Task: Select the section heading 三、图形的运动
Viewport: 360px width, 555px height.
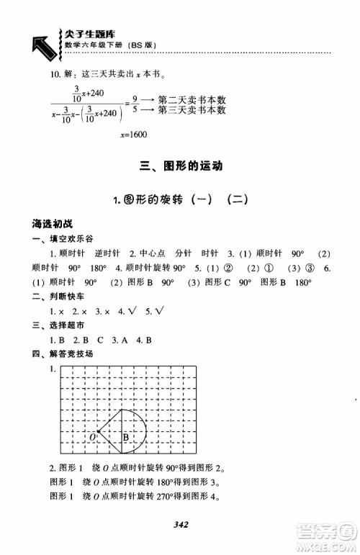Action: [180, 167]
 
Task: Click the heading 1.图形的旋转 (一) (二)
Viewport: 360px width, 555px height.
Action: [180, 199]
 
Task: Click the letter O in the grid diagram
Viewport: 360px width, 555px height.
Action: [92, 437]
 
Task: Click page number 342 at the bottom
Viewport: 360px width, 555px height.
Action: [180, 525]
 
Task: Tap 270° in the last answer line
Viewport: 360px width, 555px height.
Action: [148, 497]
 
